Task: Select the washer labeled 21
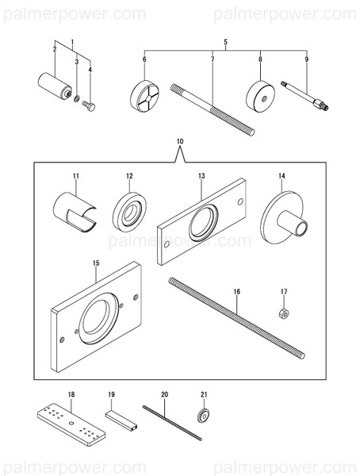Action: coord(204,416)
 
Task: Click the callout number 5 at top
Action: coord(225,40)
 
